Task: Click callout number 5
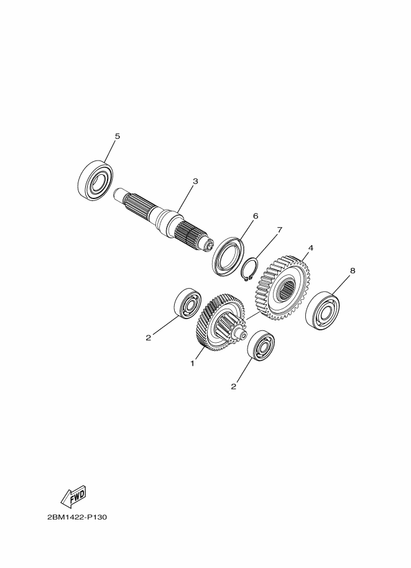(117, 136)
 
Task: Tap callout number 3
(195, 182)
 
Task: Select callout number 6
(256, 216)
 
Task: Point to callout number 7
(279, 230)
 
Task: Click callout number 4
(310, 248)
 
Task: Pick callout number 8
(353, 270)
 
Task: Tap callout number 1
(193, 363)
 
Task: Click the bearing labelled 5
(95, 180)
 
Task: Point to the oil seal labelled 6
(228, 256)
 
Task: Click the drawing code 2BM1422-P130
(76, 517)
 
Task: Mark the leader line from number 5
(111, 151)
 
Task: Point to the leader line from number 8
(340, 286)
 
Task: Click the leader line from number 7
(266, 246)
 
